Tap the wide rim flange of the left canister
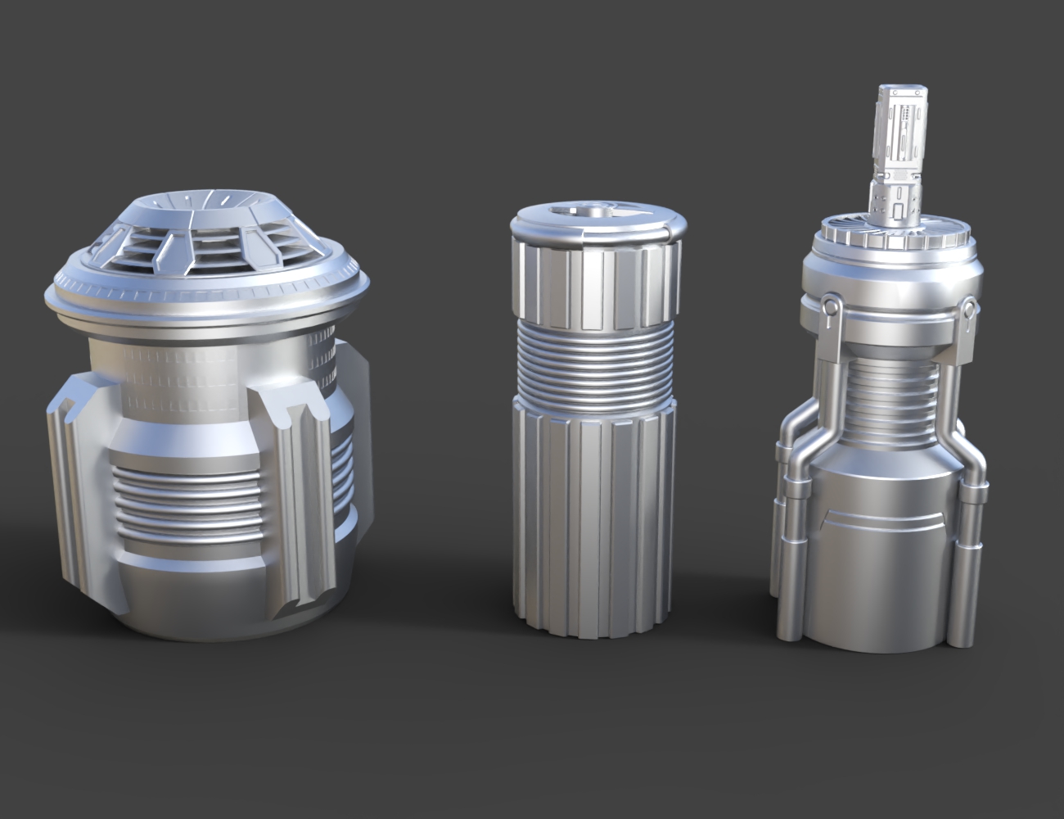[x=205, y=296]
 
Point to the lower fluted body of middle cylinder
[x=596, y=524]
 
